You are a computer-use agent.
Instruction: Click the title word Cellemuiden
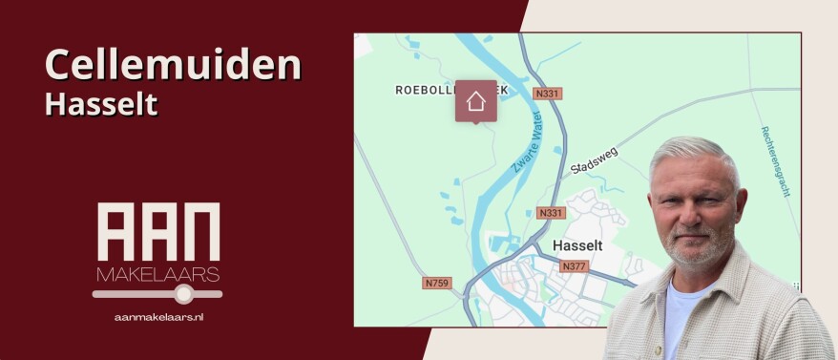click(173, 65)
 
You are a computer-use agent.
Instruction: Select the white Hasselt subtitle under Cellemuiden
click(100, 104)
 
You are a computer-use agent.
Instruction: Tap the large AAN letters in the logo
click(158, 232)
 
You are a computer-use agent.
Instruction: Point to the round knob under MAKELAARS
click(184, 295)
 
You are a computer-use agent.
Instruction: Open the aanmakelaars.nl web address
click(158, 316)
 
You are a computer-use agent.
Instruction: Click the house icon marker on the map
click(475, 100)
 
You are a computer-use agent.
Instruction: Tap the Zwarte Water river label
click(527, 152)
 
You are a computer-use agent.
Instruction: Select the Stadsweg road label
click(594, 159)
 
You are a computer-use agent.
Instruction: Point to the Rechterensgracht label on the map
click(776, 160)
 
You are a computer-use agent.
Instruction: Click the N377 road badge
click(574, 266)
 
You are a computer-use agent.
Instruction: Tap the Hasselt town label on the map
click(577, 245)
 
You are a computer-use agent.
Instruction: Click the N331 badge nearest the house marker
click(546, 94)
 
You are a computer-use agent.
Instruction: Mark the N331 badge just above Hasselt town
click(551, 213)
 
